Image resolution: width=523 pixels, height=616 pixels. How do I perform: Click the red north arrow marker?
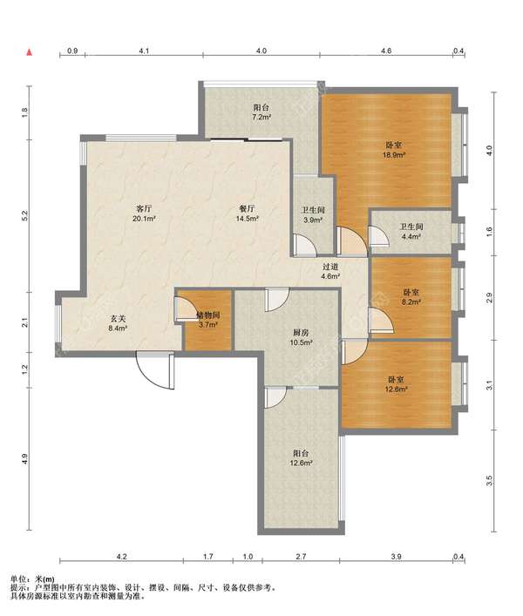pos(29,52)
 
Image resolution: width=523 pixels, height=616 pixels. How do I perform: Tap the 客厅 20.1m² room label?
pos(144,213)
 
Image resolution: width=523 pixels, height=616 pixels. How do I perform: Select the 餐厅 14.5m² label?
pos(247,213)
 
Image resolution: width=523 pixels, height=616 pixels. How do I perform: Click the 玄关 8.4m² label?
pos(118,323)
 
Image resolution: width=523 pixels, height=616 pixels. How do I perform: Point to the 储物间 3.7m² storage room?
pos(207,320)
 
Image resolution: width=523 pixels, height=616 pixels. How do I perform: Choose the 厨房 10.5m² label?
pos(301,337)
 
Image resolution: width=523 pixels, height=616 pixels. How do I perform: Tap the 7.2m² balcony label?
pos(261,112)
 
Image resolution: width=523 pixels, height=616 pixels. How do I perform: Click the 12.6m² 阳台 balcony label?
pos(301,458)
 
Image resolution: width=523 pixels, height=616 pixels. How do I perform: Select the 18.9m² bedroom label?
pos(394,150)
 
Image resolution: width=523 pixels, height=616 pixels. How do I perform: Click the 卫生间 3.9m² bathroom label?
pos(313,215)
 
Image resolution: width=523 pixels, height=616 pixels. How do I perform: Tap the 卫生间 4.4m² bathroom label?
pos(411,232)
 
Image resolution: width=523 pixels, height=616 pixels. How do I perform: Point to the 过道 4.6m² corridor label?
pos(330,271)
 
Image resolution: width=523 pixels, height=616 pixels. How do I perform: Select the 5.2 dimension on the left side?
pos(25,215)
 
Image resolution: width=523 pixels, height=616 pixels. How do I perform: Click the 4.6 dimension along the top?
pos(386,51)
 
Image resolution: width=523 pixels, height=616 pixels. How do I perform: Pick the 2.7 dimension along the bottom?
pos(301,556)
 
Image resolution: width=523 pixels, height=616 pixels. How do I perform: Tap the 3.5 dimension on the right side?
pos(489,480)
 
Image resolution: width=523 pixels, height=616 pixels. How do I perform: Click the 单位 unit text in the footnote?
pos(17,579)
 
